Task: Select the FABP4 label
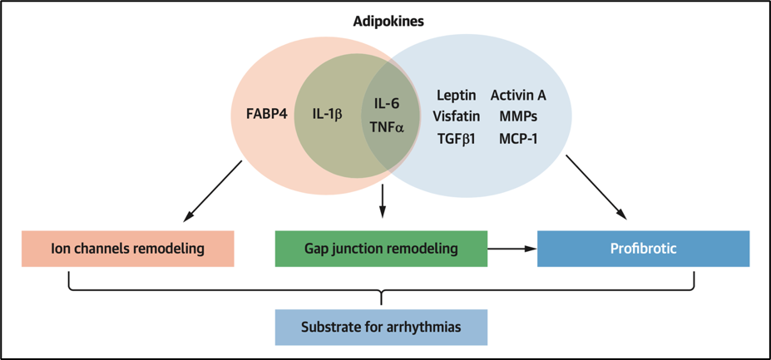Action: pyautogui.click(x=267, y=113)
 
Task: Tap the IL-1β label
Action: pyautogui.click(x=327, y=113)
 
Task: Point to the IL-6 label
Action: pyautogui.click(x=387, y=104)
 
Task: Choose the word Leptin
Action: pyautogui.click(x=456, y=96)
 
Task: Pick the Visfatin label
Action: pyautogui.click(x=456, y=117)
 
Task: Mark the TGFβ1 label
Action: pyautogui.click(x=456, y=139)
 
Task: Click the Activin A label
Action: pyautogui.click(x=518, y=96)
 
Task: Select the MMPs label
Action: pyautogui.click(x=518, y=117)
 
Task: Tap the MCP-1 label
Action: pyautogui.click(x=518, y=139)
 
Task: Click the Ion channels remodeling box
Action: pyautogui.click(x=128, y=249)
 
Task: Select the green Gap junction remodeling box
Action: pyautogui.click(x=381, y=249)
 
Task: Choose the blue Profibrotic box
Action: pyautogui.click(x=643, y=249)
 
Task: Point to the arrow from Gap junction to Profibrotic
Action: pyautogui.click(x=512, y=249)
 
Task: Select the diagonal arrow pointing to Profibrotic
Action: pyautogui.click(x=596, y=188)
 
